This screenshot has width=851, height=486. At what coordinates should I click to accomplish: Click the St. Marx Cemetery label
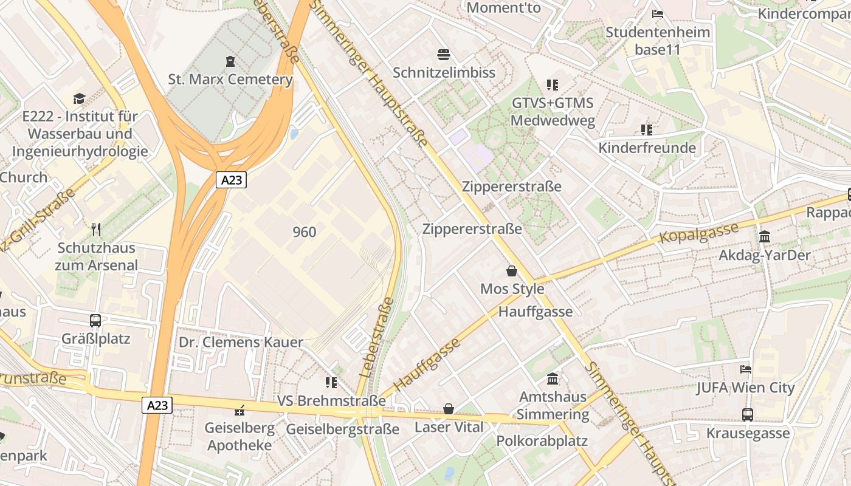(x=230, y=80)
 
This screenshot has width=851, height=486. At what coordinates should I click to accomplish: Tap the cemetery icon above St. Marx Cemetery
(x=230, y=61)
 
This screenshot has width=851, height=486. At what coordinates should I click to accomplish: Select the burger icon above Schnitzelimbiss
(x=444, y=55)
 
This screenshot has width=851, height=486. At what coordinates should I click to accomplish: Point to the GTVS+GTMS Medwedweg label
(x=553, y=111)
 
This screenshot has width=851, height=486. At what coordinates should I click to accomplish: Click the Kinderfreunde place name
(x=647, y=148)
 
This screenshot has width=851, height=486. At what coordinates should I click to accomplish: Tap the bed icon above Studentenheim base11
(x=657, y=14)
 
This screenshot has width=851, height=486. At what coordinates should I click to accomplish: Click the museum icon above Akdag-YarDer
(x=765, y=236)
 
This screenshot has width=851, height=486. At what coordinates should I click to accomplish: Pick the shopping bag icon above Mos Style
(x=512, y=271)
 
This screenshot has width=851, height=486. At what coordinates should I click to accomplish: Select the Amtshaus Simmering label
(x=554, y=405)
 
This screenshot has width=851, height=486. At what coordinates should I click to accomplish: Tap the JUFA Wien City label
(x=745, y=387)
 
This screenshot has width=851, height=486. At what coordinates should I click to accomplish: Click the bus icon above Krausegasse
(x=748, y=415)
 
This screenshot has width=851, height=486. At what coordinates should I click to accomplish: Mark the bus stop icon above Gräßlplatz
(x=95, y=320)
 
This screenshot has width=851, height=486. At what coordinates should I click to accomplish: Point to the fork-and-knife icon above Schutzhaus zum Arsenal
(x=96, y=229)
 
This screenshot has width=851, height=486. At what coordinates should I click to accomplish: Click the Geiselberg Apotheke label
(x=239, y=436)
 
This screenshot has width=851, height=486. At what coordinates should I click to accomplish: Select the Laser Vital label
(x=449, y=427)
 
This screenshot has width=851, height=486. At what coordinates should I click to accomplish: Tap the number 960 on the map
(x=305, y=231)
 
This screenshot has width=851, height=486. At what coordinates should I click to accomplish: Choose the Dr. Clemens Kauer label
(x=241, y=342)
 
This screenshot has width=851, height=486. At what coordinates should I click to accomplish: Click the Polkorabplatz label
(x=542, y=440)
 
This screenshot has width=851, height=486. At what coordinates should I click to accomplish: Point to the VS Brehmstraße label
(x=331, y=401)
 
